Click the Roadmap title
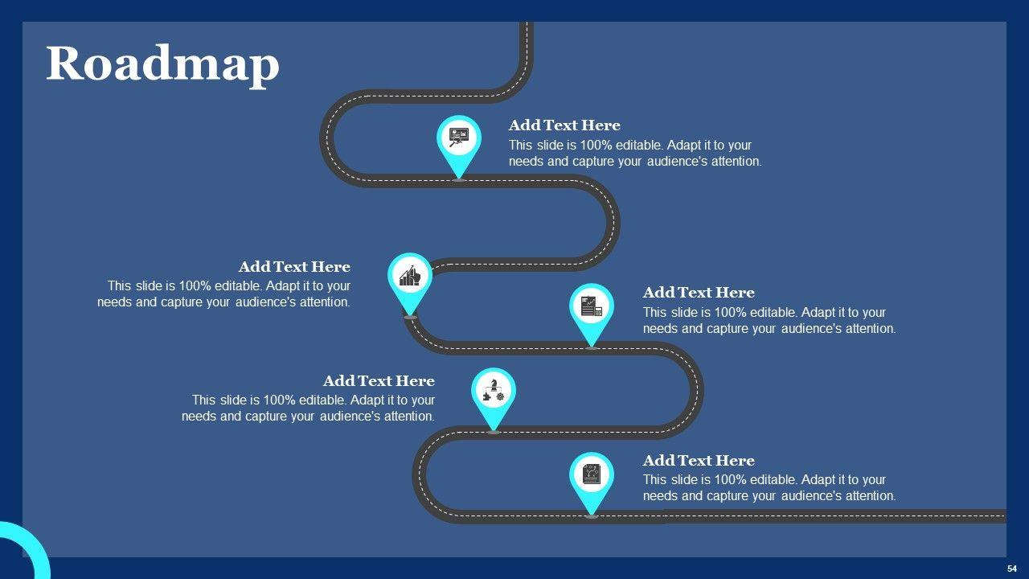[x=162, y=64]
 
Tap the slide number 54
[x=1011, y=569]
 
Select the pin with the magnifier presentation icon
[x=459, y=138]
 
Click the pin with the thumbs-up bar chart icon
[x=410, y=276]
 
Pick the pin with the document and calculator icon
[x=592, y=306]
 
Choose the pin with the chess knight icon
[x=493, y=391]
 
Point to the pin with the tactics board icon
[x=592, y=474]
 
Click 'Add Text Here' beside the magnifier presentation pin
[x=564, y=125]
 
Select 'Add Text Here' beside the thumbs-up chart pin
[x=294, y=267]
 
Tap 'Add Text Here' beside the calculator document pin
[x=699, y=293]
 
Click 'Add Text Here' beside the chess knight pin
[x=379, y=381]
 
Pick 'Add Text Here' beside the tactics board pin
[x=699, y=461]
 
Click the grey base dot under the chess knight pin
[x=493, y=433]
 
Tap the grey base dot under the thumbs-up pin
[x=410, y=318]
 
